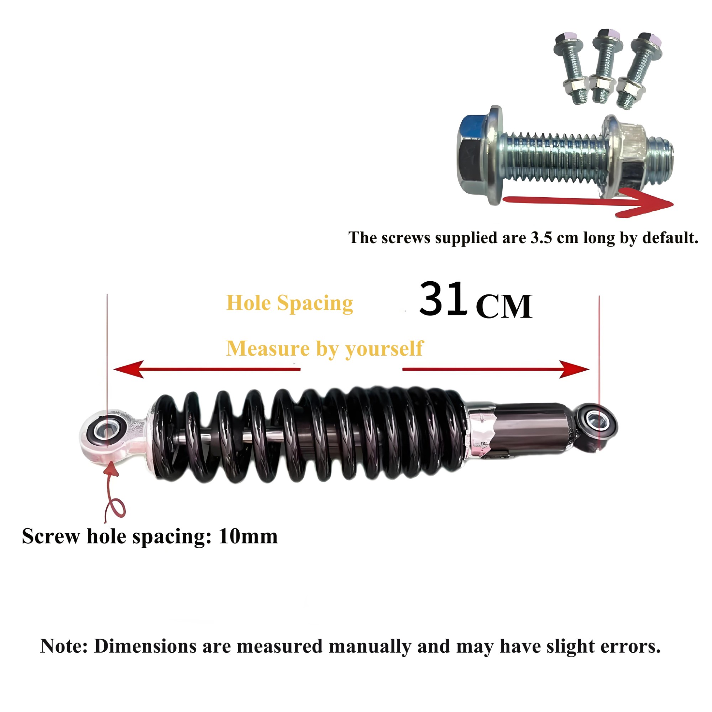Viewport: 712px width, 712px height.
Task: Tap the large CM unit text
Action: click(x=504, y=306)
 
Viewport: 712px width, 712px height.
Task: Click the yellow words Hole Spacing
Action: click(x=290, y=304)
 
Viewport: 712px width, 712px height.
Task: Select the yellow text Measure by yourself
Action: click(x=325, y=349)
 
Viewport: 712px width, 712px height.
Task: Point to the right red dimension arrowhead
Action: click(x=574, y=369)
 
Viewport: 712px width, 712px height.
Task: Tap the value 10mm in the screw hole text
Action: click(x=248, y=536)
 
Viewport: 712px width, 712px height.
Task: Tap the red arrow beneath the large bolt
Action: click(x=588, y=202)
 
